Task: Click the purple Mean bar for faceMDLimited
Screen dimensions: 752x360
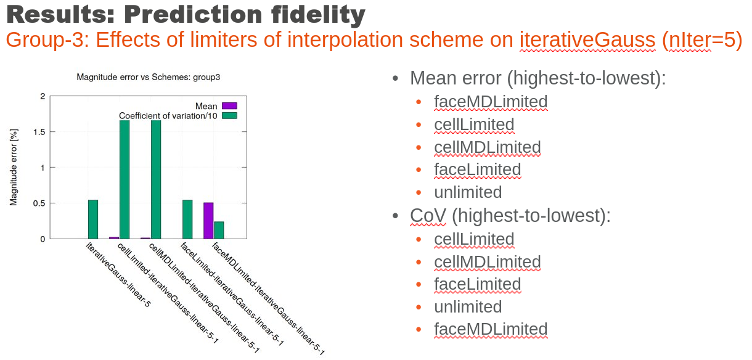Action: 208,221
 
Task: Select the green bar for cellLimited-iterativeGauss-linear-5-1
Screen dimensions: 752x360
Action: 125,179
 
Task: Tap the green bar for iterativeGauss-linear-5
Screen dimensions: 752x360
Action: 93,219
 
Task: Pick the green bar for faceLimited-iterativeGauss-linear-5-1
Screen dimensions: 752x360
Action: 187,219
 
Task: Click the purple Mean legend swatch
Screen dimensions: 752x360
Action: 229,106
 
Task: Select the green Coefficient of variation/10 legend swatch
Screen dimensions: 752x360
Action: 229,115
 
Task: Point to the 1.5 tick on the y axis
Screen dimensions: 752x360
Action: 39,132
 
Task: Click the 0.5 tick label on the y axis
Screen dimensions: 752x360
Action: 39,203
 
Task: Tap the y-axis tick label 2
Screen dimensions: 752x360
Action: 43,96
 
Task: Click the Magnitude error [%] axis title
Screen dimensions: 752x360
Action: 14,167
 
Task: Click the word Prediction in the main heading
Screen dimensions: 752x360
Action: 193,14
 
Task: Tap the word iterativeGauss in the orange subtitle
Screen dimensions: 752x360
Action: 587,39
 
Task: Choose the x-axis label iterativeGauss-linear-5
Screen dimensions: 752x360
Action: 118,274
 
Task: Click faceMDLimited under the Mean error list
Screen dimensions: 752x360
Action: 491,102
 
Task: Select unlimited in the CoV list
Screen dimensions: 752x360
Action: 468,306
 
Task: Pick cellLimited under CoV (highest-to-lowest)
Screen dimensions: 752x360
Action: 474,239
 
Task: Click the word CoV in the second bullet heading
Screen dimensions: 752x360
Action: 428,215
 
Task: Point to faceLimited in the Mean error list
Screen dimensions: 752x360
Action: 477,170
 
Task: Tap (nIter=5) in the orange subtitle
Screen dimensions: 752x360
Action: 702,39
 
